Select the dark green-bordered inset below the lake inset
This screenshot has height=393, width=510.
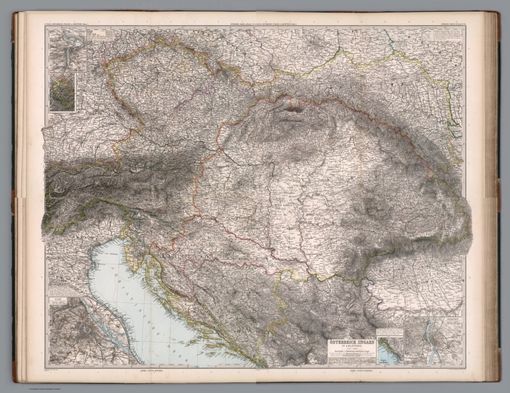pos(64,91)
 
